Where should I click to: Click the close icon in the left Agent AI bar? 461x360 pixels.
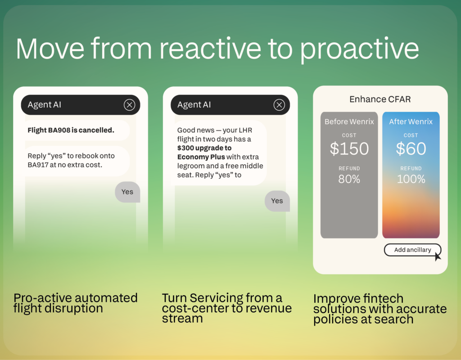pos(129,104)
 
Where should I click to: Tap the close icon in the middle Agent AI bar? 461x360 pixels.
pos(279,104)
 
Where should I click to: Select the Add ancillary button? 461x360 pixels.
pos(412,250)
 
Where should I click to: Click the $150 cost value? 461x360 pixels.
pos(349,148)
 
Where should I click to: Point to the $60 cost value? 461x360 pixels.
pos(411,148)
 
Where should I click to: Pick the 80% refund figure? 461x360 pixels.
pos(349,179)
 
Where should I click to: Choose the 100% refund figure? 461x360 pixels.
pos(411,179)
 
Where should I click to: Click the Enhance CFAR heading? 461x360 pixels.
pos(380,99)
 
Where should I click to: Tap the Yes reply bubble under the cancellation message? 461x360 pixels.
pos(127,192)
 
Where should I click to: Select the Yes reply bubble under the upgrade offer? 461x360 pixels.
pos(277,201)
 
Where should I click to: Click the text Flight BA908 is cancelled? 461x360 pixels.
pos(71,130)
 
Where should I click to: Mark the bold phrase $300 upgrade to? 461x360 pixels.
pos(204,148)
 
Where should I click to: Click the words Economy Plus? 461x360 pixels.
pos(201,157)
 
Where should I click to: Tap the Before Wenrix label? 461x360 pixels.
pos(349,121)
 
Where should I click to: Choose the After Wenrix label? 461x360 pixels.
pos(411,121)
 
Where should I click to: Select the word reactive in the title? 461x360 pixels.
pos(210,49)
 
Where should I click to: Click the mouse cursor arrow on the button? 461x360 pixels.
pos(438,256)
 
